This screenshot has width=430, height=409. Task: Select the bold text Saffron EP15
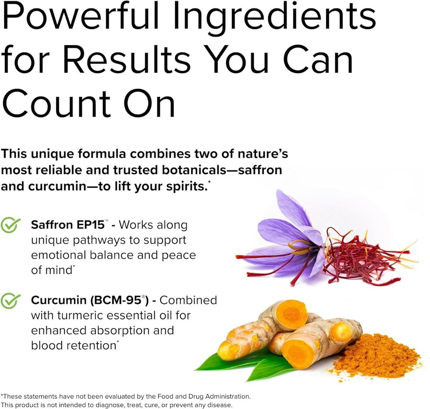tap(68, 225)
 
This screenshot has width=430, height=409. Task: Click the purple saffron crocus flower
tap(287, 234)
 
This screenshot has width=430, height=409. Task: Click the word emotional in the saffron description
tap(59, 255)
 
